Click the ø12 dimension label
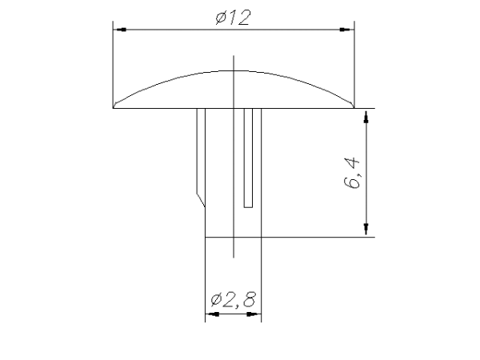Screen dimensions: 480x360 pyautogui.click(x=234, y=17)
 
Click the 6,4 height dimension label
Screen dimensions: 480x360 pyautogui.click(x=351, y=173)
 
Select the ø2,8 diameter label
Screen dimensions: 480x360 pyautogui.click(x=233, y=299)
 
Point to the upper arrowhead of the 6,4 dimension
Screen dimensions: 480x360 pyautogui.click(x=366, y=116)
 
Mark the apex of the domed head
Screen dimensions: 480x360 pyautogui.click(x=234, y=71)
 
